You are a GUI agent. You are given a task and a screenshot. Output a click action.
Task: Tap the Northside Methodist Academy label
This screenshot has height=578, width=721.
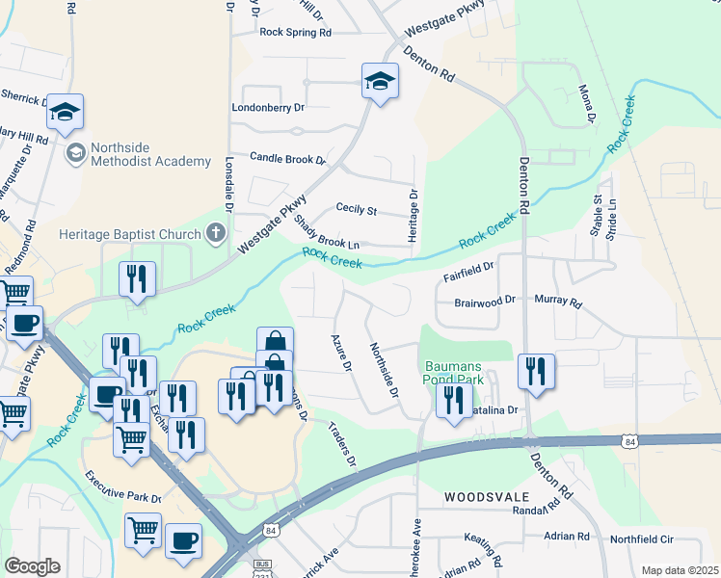click(149, 154)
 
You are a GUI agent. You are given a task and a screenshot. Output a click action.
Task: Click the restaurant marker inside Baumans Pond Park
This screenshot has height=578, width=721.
click(453, 401)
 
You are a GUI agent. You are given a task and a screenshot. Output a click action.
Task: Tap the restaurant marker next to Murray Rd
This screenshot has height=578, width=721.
click(536, 372)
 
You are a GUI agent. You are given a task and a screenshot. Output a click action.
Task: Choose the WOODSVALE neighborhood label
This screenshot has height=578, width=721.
click(488, 497)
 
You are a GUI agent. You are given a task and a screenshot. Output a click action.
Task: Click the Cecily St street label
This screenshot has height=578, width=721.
click(356, 209)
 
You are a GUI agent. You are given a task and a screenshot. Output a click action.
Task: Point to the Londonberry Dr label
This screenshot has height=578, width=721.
click(268, 108)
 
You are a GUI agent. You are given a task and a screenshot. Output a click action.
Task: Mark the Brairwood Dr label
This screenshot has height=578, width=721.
click(485, 302)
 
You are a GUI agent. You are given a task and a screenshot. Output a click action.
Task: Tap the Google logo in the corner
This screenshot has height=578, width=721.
click(32, 566)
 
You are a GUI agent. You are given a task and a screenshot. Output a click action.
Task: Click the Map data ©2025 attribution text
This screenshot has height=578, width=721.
click(679, 570)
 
